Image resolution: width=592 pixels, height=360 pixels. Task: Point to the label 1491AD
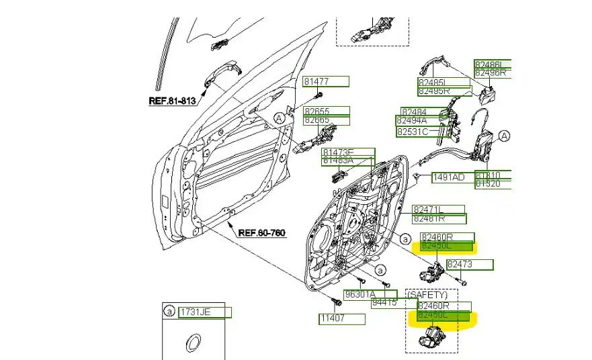[x=448, y=177]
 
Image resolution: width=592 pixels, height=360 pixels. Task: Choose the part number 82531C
[x=412, y=132]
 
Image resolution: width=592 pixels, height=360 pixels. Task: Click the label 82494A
[x=411, y=121]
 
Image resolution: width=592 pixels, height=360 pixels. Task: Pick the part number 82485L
[x=433, y=83]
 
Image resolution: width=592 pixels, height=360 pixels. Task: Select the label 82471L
[x=428, y=210]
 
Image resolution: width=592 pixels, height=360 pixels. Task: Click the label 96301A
[x=360, y=294]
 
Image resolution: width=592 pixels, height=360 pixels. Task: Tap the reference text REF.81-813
[x=171, y=101]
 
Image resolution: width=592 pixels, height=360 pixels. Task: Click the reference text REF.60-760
[x=261, y=233]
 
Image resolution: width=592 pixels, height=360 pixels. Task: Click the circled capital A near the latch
[x=504, y=136]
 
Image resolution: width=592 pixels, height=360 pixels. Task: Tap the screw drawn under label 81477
[x=320, y=93]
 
